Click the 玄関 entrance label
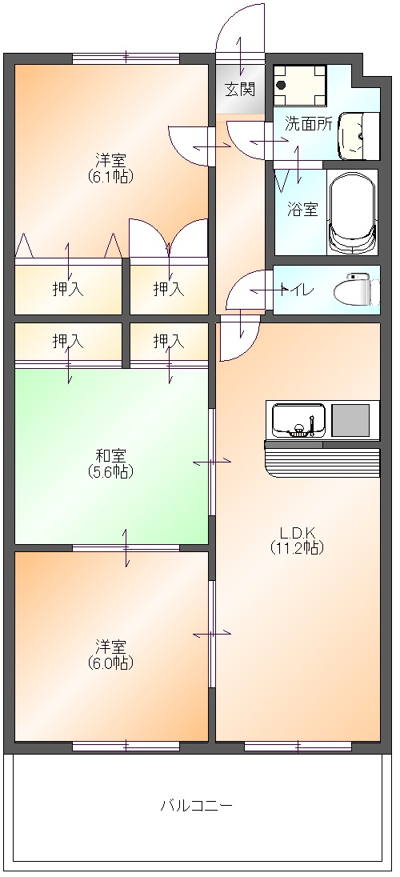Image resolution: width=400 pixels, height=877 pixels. [x=241, y=89]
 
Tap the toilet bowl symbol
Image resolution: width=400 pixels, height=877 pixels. [x=356, y=290]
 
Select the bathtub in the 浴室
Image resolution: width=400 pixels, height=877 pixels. [x=352, y=213]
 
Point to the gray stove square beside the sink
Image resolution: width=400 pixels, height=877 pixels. [x=350, y=420]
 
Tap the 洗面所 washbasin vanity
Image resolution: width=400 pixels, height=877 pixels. [x=358, y=135]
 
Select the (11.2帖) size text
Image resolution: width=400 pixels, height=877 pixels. [x=297, y=547]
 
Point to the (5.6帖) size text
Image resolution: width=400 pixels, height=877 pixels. [x=110, y=472]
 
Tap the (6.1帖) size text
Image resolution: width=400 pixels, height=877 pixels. [x=110, y=176]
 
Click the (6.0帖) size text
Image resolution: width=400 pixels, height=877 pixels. [x=110, y=663]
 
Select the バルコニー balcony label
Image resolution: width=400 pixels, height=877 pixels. [x=196, y=806]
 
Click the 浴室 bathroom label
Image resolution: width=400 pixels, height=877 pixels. [x=302, y=210]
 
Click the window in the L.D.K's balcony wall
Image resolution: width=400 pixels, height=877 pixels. [x=298, y=746]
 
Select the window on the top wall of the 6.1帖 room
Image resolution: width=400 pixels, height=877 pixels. [x=126, y=58]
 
